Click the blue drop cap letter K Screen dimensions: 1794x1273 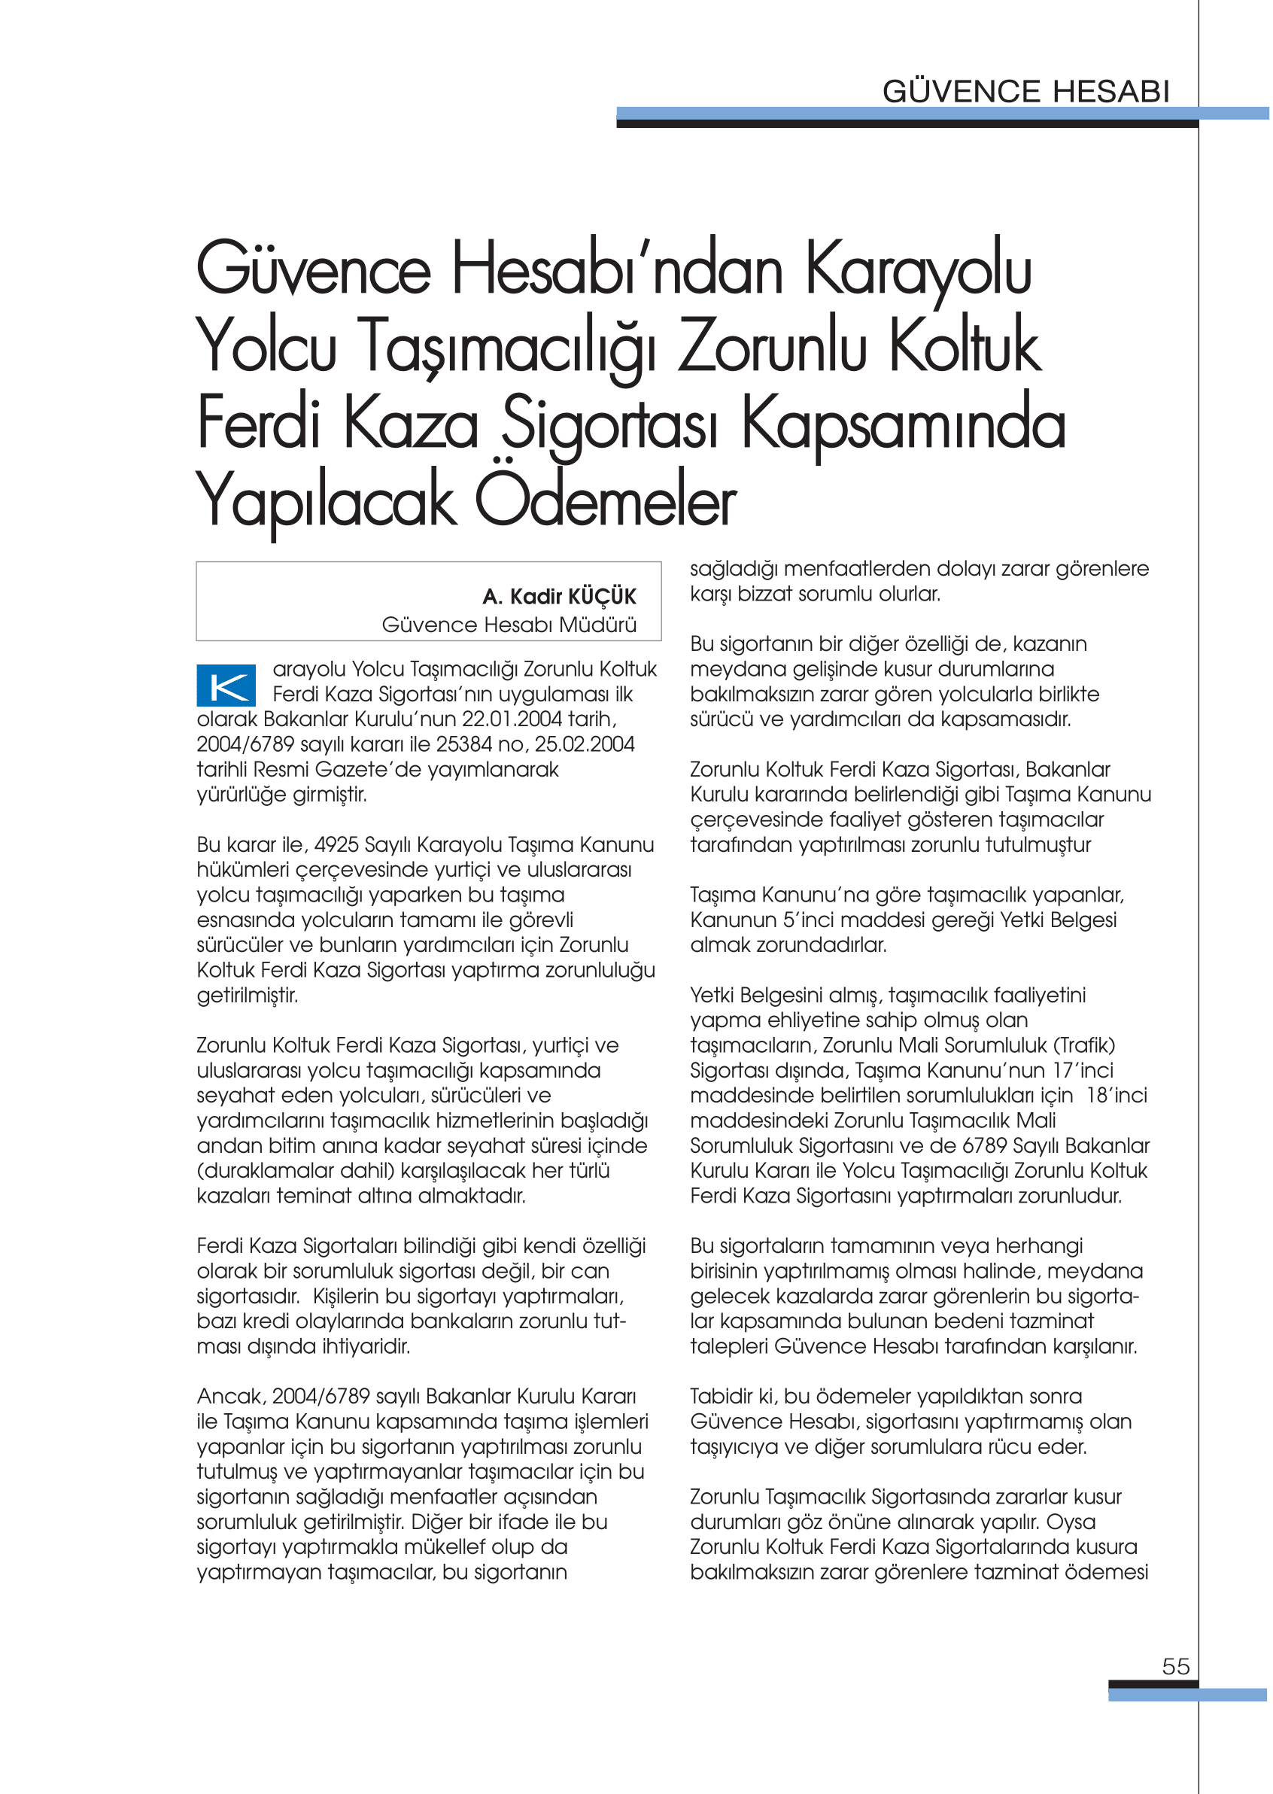(x=226, y=686)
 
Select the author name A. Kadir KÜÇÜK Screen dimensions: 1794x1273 (x=559, y=597)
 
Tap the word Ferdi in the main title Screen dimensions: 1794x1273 (x=260, y=424)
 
